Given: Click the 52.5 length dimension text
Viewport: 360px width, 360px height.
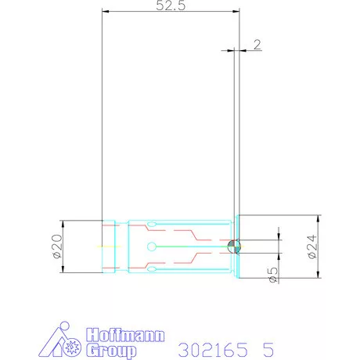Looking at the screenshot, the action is [x=171, y=5].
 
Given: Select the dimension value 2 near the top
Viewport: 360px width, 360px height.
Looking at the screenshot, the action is [x=257, y=45].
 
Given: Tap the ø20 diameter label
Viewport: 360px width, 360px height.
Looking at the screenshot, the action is [x=58, y=247].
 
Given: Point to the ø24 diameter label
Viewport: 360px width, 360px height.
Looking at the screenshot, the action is [x=312, y=247].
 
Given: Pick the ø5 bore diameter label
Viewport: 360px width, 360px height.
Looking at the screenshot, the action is [x=273, y=275].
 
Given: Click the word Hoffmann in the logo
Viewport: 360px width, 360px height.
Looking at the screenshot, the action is [x=125, y=335].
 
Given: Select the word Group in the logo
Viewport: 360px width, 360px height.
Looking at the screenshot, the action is [x=111, y=351].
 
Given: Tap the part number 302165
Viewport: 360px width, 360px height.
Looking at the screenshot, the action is [x=213, y=350].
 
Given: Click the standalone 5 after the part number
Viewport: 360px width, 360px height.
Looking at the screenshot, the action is [x=268, y=350].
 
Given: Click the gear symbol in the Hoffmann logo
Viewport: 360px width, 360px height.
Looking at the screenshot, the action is [x=72, y=347].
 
